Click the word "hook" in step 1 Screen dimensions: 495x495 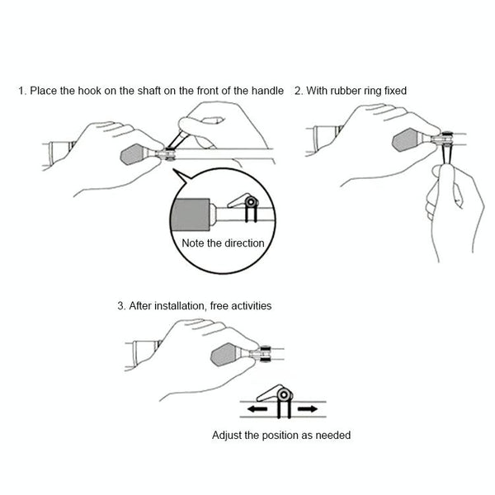(89, 91)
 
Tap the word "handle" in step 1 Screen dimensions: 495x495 (267, 91)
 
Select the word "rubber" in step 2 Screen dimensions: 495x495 (346, 91)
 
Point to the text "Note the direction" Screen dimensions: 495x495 (223, 243)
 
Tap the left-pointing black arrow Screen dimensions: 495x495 (257, 409)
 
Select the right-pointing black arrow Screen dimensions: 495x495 (307, 409)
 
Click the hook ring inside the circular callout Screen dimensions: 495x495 (252, 202)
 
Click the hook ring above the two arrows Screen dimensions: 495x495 (285, 394)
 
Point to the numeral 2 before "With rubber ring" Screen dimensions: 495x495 (297, 91)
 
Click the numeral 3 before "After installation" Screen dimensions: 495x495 (120, 306)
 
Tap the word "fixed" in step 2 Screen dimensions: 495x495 (395, 91)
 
